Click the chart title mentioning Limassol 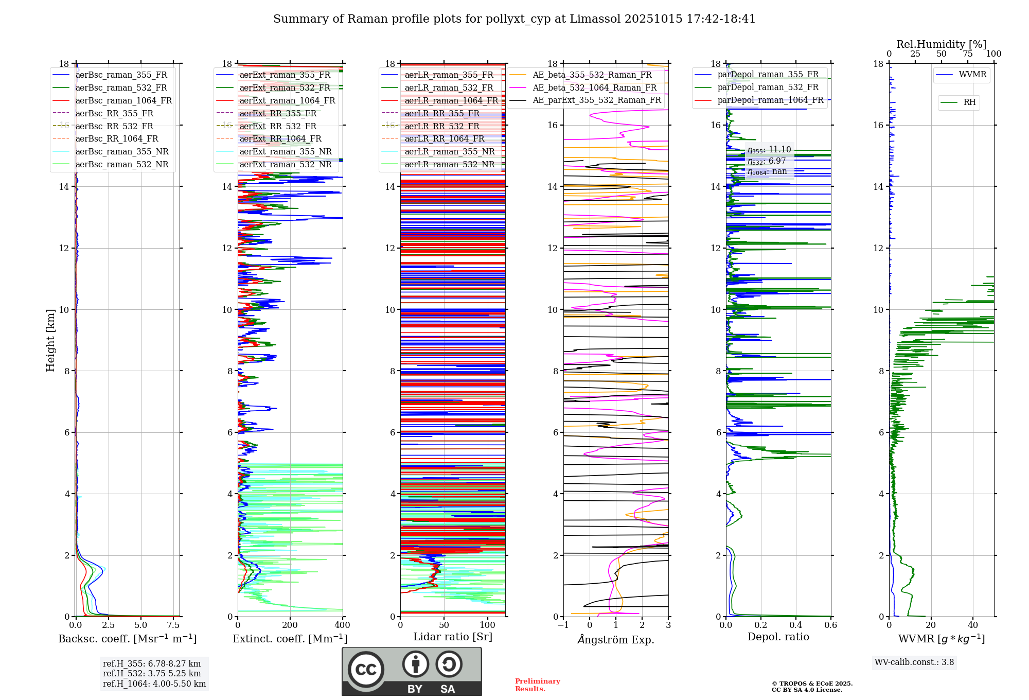(514, 19)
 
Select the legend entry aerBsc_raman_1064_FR (123, 100)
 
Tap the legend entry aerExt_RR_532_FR (278, 126)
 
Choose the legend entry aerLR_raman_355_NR (449, 151)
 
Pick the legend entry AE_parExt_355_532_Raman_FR (596, 100)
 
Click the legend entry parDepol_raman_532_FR (768, 87)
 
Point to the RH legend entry (969, 102)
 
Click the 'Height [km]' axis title (50, 340)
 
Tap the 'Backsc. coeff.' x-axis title (127, 639)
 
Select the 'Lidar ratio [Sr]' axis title (452, 637)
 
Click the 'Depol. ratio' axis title (778, 637)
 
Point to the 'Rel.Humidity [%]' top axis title (941, 44)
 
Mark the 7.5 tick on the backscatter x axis (173, 625)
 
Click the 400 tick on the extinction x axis (342, 625)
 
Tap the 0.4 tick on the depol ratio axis (795, 625)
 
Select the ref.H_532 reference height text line (152, 673)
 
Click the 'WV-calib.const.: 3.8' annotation (914, 662)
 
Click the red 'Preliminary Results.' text (537, 685)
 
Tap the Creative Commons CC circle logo (366, 669)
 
